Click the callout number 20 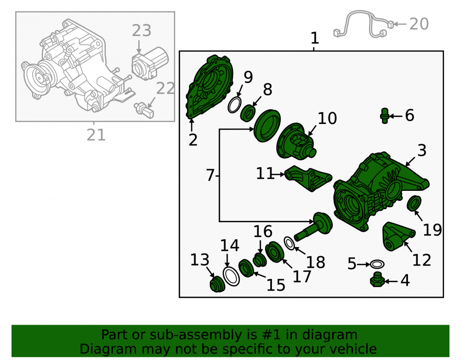[x=419, y=24]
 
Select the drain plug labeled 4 [x=377, y=279]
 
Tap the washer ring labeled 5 [x=377, y=264]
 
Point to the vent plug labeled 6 [x=384, y=116]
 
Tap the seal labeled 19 [x=414, y=203]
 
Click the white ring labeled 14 [x=231, y=276]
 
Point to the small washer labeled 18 [x=290, y=243]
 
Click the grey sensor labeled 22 [x=144, y=110]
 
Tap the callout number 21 [x=96, y=135]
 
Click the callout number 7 [x=210, y=175]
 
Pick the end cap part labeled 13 [x=217, y=284]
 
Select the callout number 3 [x=422, y=150]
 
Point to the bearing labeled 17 [x=275, y=252]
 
